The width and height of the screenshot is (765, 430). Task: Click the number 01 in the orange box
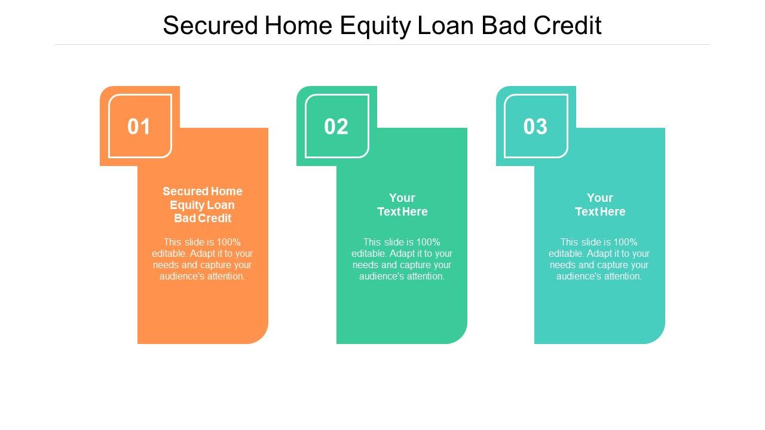(139, 127)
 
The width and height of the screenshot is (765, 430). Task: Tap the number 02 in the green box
(336, 127)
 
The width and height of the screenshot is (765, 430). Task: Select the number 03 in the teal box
(535, 127)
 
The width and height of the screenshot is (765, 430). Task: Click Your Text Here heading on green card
(402, 205)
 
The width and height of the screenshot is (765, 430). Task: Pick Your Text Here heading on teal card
(600, 205)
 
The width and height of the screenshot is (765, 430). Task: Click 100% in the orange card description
(228, 242)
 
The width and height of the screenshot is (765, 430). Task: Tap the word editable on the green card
(369, 254)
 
